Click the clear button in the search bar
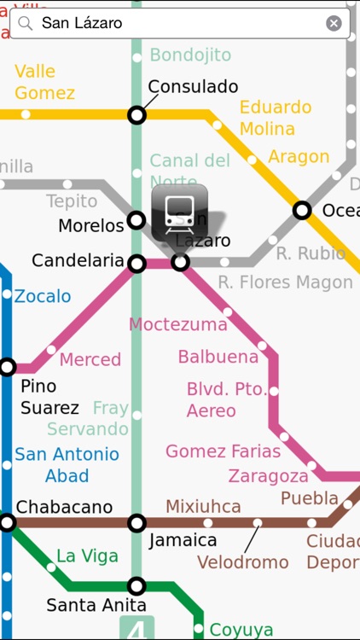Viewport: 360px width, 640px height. point(334,23)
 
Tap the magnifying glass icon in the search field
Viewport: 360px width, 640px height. point(26,23)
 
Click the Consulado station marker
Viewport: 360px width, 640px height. point(136,114)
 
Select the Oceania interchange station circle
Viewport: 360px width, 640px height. point(302,210)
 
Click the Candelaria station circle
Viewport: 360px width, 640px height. point(136,264)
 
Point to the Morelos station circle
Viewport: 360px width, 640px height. point(136,221)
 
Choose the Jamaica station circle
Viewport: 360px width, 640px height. point(136,522)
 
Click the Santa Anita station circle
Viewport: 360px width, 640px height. point(136,585)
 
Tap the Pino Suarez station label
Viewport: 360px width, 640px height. point(50,397)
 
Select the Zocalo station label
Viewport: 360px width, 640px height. point(43,297)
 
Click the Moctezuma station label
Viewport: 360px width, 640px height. point(178,324)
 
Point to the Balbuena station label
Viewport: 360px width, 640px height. point(218,357)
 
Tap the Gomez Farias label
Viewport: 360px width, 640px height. point(224,451)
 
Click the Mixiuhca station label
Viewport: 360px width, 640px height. point(203,507)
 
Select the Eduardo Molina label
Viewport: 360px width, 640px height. point(276,118)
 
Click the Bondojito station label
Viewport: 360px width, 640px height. point(190,55)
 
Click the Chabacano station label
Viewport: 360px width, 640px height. point(64,507)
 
